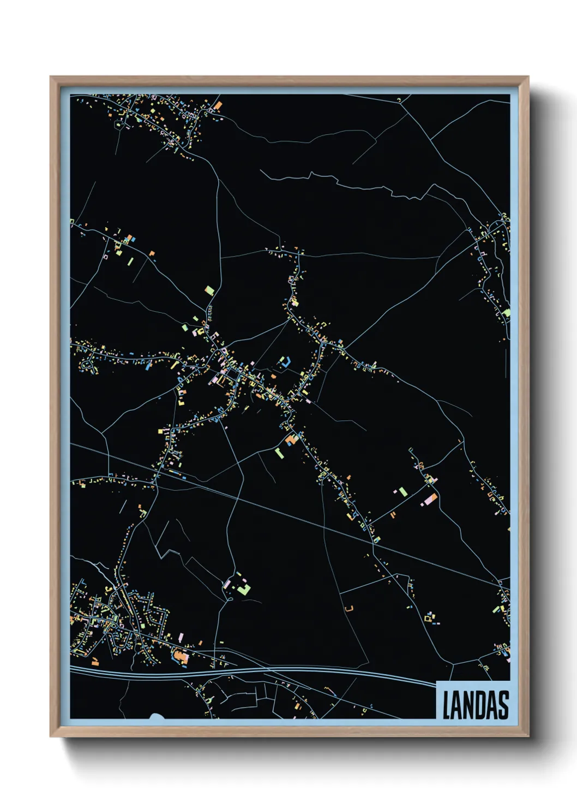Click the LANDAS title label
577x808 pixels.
473,704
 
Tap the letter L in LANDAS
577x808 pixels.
446,705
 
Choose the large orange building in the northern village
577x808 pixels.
218,105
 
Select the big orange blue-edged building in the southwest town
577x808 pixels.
181,657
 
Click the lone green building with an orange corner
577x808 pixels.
209,290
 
